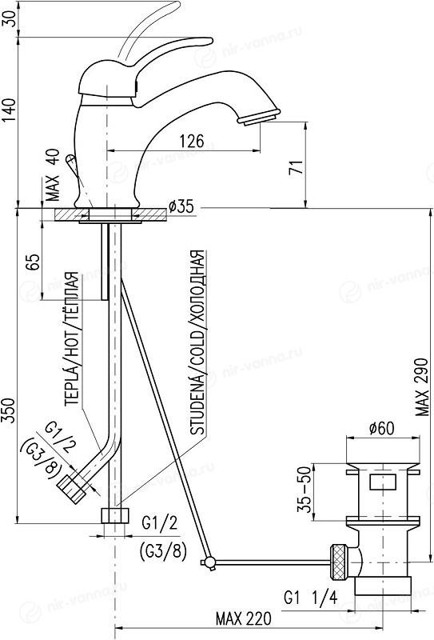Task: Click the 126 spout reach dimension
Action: (192, 142)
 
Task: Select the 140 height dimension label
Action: (10, 110)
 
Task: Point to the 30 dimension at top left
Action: (10, 18)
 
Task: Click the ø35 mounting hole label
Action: (181, 206)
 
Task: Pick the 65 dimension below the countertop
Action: (33, 262)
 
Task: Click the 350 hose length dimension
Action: (9, 410)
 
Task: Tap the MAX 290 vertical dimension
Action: (422, 387)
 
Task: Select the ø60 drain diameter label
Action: (382, 429)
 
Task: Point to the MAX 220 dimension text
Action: (244, 618)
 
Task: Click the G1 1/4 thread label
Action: (311, 598)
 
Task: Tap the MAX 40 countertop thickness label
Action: (52, 174)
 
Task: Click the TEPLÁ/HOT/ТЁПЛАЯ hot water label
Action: (71, 338)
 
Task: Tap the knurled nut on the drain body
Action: (338, 562)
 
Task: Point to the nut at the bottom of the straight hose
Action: (114, 515)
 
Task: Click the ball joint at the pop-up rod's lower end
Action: (209, 563)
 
